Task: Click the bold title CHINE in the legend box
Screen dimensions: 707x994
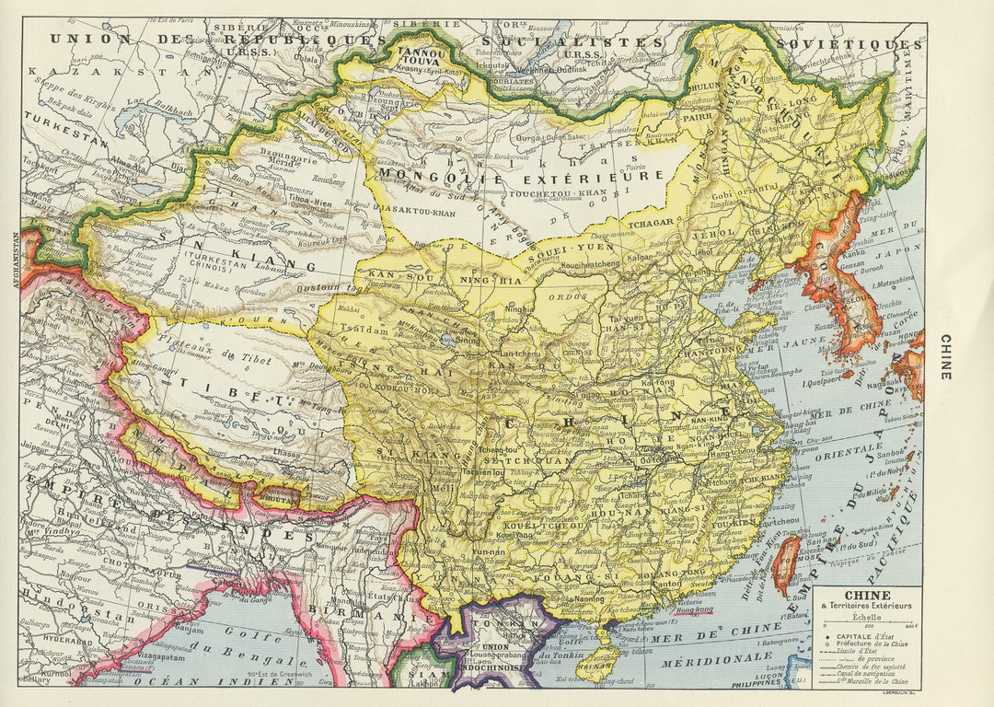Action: pyautogui.click(x=867, y=595)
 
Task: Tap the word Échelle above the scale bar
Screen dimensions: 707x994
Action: pyautogui.click(x=867, y=617)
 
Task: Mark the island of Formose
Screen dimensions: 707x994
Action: pyautogui.click(x=785, y=563)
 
